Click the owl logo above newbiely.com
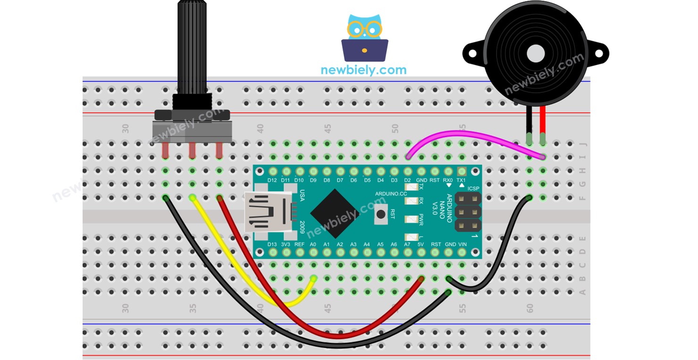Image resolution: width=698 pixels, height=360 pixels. tap(364, 38)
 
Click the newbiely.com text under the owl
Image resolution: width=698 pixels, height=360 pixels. tap(363, 70)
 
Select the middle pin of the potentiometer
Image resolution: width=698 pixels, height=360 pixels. tap(192, 151)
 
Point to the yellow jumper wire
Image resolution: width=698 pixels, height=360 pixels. tap(236, 264)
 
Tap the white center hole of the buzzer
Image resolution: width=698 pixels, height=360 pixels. tap(536, 53)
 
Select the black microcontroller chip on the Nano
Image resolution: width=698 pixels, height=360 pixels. tap(335, 213)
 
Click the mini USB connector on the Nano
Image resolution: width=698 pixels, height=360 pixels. tap(267, 213)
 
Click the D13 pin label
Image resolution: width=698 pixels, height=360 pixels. tap(272, 244)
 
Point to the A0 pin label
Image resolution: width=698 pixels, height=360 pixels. tap(313, 244)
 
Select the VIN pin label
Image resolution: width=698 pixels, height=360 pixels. tap(463, 244)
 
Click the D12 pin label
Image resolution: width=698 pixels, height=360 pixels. tap(272, 180)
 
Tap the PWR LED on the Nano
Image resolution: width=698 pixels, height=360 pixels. tap(412, 218)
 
